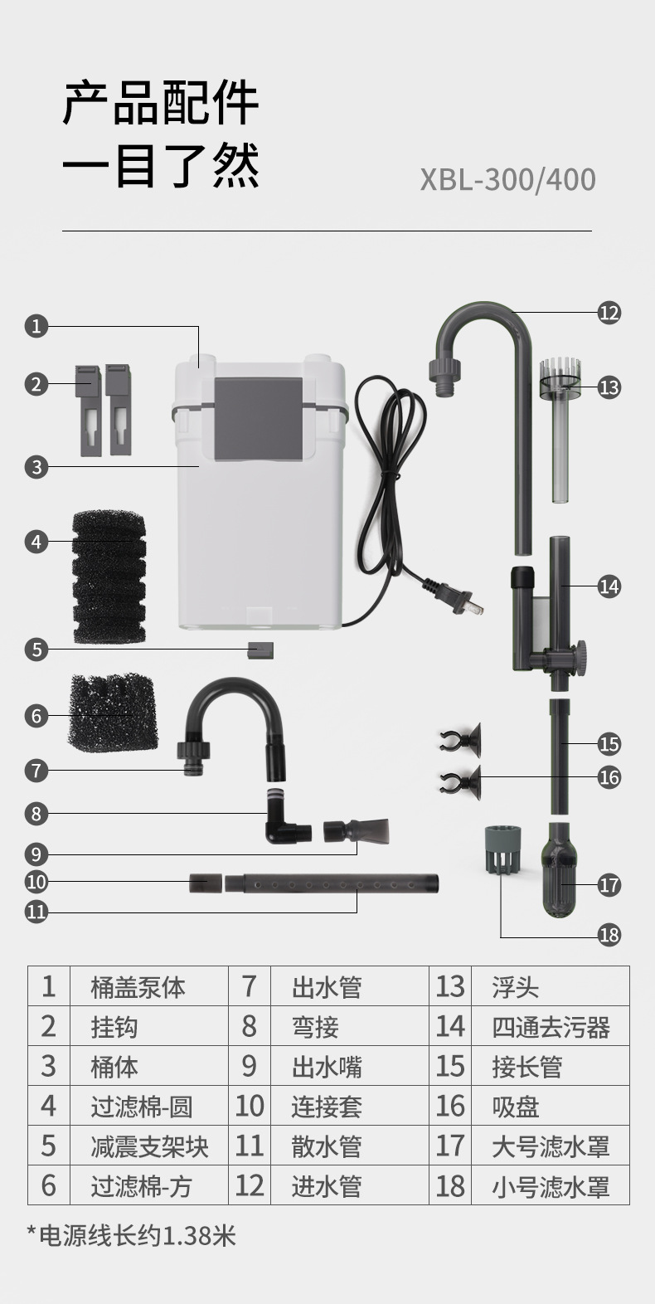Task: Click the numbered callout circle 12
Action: tap(609, 313)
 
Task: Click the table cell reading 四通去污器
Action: tap(551, 1027)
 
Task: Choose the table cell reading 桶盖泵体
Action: tap(138, 987)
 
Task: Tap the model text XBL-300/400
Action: tap(507, 180)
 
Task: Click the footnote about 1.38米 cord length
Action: tap(132, 1236)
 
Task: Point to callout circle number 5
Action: tap(36, 649)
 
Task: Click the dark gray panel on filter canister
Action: tap(258, 419)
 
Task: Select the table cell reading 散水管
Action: tap(327, 1146)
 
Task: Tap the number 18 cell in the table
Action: tap(450, 1186)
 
